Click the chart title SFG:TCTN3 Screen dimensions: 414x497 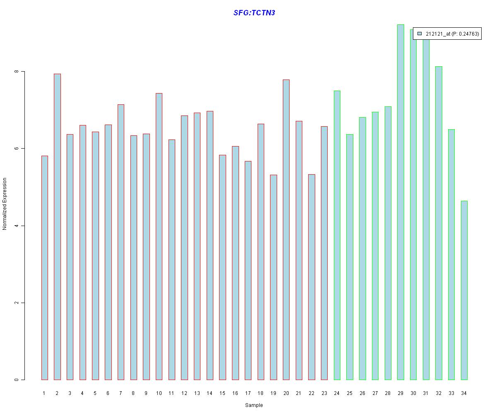coord(254,13)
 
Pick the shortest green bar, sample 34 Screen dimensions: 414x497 coord(464,290)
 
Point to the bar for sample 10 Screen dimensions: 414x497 coord(159,236)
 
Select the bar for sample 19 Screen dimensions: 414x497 coord(273,277)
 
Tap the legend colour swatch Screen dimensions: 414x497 coord(420,34)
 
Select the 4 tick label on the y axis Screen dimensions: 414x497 coord(17,226)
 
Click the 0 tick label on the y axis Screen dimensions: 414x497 coord(17,380)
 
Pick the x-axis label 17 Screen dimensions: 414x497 coord(248,393)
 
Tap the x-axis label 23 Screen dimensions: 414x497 coord(324,393)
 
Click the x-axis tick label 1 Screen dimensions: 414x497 coord(44,393)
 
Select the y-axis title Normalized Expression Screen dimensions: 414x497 coord(5,204)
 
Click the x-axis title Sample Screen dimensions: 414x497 coord(254,405)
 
